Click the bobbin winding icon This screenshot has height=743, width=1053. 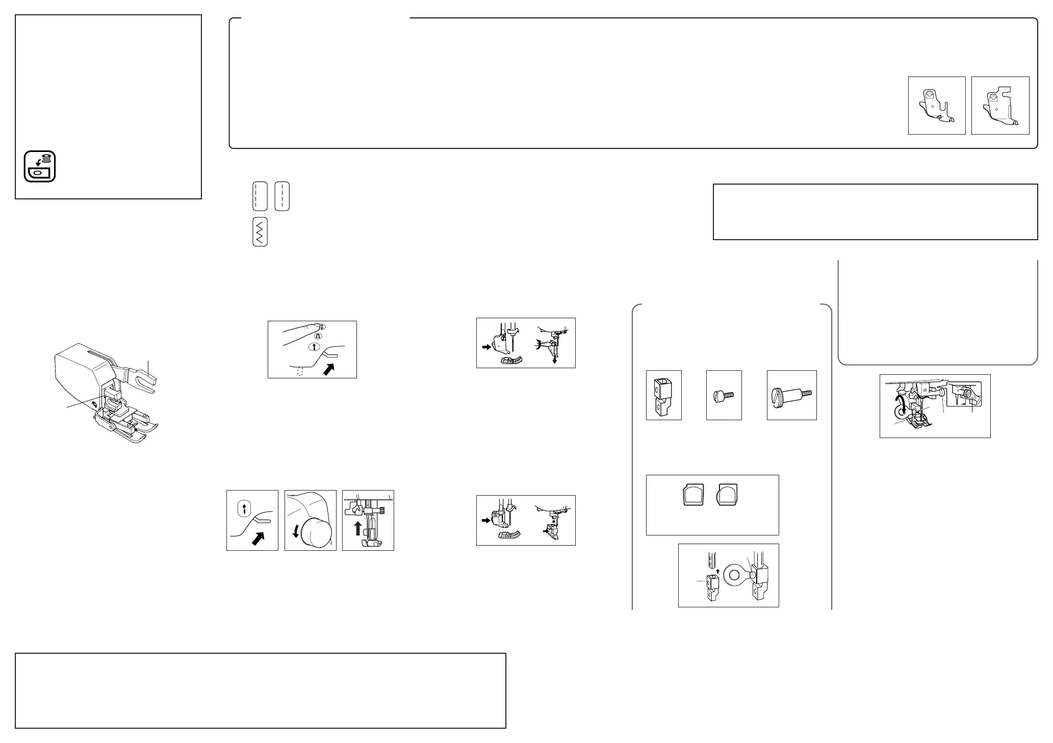(x=40, y=166)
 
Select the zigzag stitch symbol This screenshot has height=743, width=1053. (x=260, y=233)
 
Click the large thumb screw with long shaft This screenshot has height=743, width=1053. (x=792, y=395)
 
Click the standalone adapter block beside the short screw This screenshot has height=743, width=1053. (x=663, y=395)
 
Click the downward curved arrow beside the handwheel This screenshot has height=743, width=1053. (x=295, y=532)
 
